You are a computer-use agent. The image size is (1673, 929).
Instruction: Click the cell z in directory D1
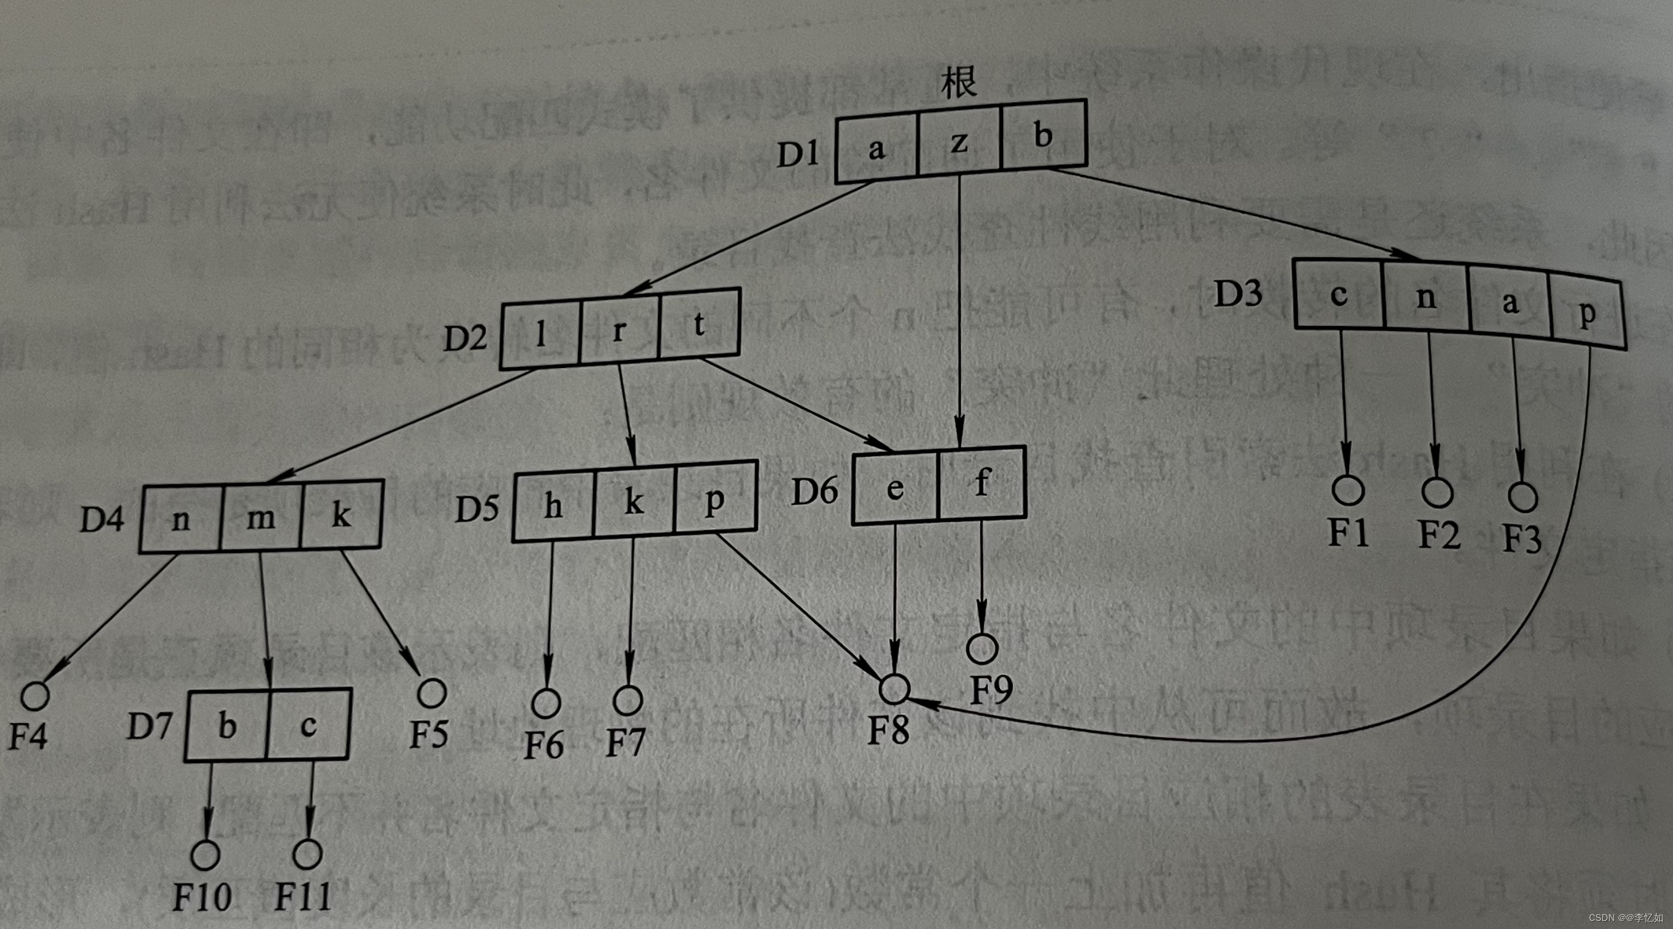pyautogui.click(x=959, y=142)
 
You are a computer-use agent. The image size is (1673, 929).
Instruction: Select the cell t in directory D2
pyautogui.click(x=700, y=324)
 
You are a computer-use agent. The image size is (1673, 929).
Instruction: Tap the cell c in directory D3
pyautogui.click(x=1339, y=295)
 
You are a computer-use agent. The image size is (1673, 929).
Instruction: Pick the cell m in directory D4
pyautogui.click(x=260, y=517)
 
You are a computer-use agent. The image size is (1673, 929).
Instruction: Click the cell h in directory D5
pyautogui.click(x=553, y=505)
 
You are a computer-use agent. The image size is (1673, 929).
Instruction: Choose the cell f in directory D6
pyautogui.click(x=982, y=483)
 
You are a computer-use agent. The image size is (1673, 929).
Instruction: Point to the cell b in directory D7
pyautogui.click(x=226, y=725)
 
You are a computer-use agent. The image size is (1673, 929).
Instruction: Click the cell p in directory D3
pyautogui.click(x=1587, y=313)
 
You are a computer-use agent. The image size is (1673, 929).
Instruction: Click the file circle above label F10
pyautogui.click(x=205, y=855)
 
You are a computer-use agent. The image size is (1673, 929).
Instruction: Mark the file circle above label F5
pyautogui.click(x=431, y=693)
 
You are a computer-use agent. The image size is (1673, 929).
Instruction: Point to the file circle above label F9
pyautogui.click(x=982, y=648)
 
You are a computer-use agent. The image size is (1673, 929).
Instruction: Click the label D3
pyautogui.click(x=1239, y=293)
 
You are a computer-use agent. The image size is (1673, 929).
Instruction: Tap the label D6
pyautogui.click(x=815, y=491)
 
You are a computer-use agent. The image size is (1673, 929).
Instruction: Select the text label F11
pyautogui.click(x=304, y=897)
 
